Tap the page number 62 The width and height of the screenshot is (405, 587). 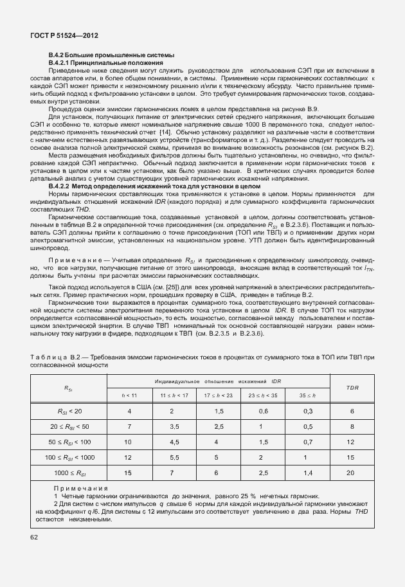[33, 535]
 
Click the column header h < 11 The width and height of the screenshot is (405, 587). [130, 393]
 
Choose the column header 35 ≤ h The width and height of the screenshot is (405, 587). [308, 393]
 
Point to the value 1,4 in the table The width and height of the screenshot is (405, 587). [308, 473]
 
